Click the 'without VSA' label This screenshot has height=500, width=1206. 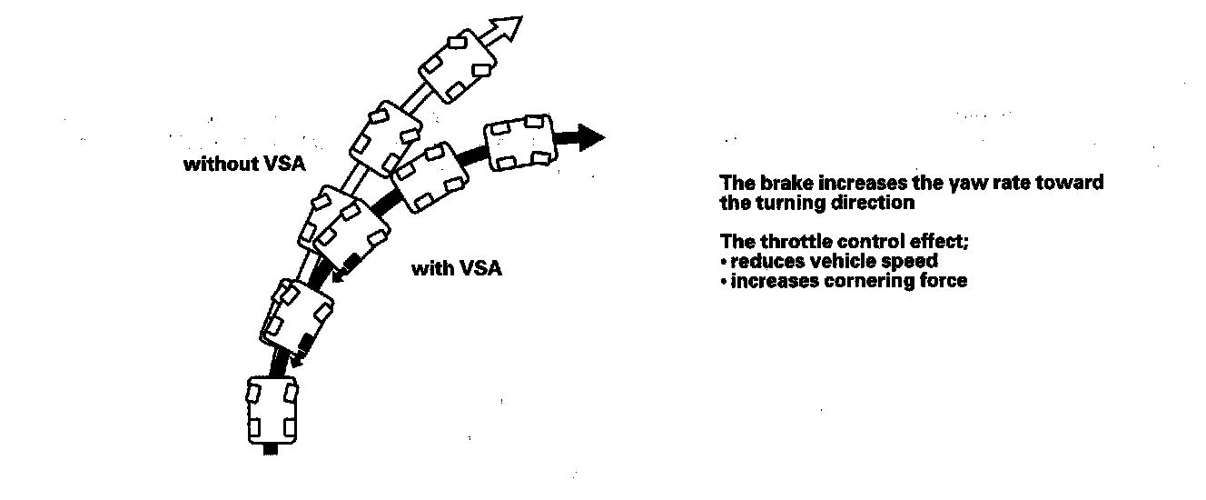pyautogui.click(x=244, y=165)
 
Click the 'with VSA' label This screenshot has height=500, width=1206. pyautogui.click(x=457, y=269)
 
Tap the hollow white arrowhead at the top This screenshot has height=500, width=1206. pyautogui.click(x=509, y=29)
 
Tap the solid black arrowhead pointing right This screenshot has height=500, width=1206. pyautogui.click(x=590, y=137)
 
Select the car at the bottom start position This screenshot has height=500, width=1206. pyautogui.click(x=272, y=411)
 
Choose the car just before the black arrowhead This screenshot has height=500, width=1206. pyautogui.click(x=519, y=142)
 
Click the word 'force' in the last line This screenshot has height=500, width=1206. pyautogui.click(x=944, y=281)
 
